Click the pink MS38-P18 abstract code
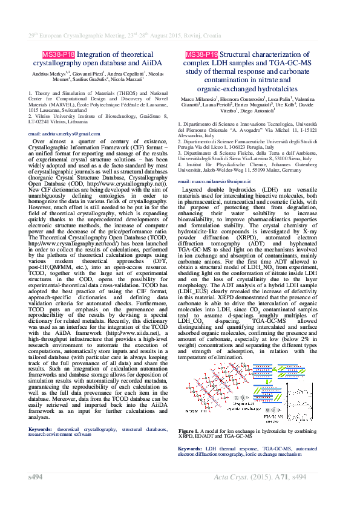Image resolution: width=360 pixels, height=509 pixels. (x=54, y=55)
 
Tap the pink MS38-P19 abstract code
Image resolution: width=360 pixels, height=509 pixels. (x=201, y=55)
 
